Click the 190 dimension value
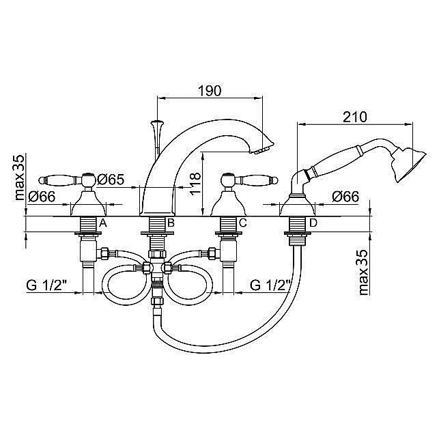pyautogui.click(x=210, y=91)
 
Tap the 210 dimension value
pyautogui.click(x=355, y=117)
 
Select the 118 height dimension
pyautogui.click(x=196, y=183)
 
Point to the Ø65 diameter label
pyautogui.click(x=111, y=180)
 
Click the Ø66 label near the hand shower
pyautogui.click(x=345, y=197)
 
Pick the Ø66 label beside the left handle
pyautogui.click(x=42, y=197)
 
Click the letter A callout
pyautogui.click(x=103, y=223)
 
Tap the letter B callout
pyautogui.click(x=171, y=223)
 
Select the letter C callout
pyautogui.click(x=243, y=223)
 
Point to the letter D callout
pyautogui.click(x=313, y=223)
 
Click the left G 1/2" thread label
pyautogui.click(x=46, y=285)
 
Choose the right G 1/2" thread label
pyautogui.click(x=270, y=285)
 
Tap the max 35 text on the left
pyautogui.click(x=20, y=177)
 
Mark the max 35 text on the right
pyautogui.click(x=363, y=272)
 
